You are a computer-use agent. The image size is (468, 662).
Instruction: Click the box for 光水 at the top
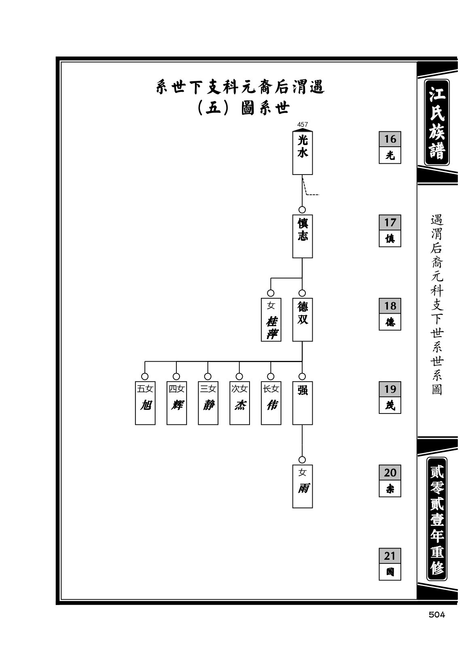pyautogui.click(x=302, y=153)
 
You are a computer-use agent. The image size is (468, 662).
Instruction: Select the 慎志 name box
pyautogui.click(x=302, y=236)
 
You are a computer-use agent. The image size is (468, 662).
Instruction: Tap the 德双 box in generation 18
pyautogui.click(x=302, y=319)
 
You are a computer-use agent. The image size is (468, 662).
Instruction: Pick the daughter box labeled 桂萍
pyautogui.click(x=271, y=319)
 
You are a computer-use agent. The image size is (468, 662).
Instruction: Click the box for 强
pyautogui.click(x=302, y=403)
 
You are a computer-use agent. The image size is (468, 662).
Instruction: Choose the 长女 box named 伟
pyautogui.click(x=271, y=403)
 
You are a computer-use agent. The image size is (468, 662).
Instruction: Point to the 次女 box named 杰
pyautogui.click(x=239, y=403)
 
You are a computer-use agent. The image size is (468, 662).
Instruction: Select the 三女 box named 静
pyautogui.click(x=208, y=403)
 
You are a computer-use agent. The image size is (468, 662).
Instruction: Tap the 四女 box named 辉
pyautogui.click(x=177, y=403)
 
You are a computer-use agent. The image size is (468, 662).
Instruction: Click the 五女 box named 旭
pyautogui.click(x=145, y=403)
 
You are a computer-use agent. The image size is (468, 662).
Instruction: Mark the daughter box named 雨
pyautogui.click(x=302, y=486)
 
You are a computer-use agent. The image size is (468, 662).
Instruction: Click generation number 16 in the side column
pyautogui.click(x=390, y=139)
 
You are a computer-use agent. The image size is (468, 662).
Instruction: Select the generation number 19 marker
pyautogui.click(x=390, y=389)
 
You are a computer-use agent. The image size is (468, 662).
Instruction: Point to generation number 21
pyautogui.click(x=390, y=556)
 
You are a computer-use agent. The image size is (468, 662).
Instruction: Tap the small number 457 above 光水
pyautogui.click(x=302, y=125)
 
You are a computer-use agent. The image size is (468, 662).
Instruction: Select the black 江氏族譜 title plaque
pyautogui.click(x=437, y=122)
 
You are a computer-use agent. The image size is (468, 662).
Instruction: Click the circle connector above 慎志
pyautogui.click(x=302, y=210)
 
